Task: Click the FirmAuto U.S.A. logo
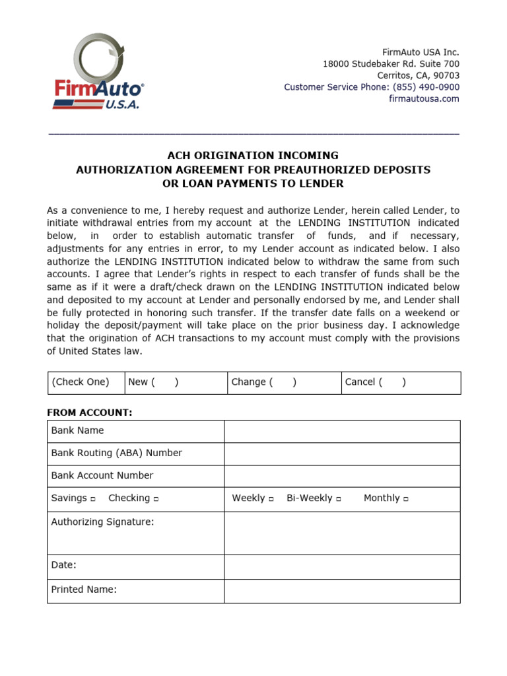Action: coord(98,73)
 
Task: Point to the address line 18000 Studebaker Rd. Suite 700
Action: coord(391,64)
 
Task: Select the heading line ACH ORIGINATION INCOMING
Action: coord(253,156)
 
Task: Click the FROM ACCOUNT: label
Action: coord(89,413)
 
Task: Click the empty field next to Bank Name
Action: coord(342,431)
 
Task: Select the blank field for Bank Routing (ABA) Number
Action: coord(342,454)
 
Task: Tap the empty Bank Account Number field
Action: coord(342,476)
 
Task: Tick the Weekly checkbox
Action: coord(271,499)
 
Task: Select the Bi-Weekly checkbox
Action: coord(339,499)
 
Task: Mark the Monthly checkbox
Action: coord(406,499)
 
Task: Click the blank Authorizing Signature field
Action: coord(342,533)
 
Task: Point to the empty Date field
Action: coord(342,566)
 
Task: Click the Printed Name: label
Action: coord(84,590)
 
